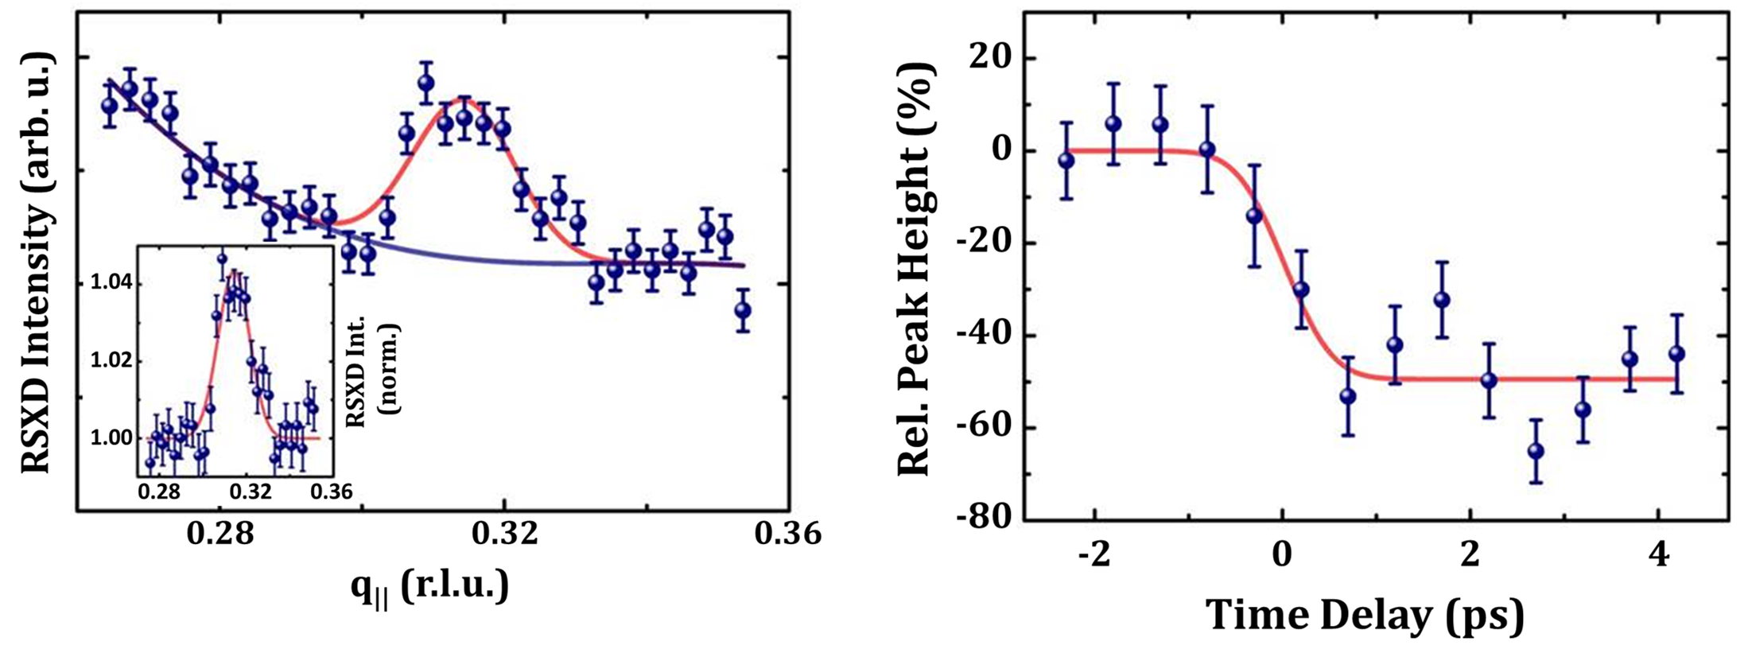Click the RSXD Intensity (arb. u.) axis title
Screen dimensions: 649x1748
[37, 262]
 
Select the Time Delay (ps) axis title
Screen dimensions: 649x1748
[1365, 615]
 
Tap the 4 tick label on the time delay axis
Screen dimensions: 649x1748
[1659, 554]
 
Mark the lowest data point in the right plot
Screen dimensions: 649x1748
[1536, 451]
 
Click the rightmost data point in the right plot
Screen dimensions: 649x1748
[1676, 354]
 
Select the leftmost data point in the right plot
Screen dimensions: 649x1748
[1066, 160]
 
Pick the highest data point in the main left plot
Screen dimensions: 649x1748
[425, 82]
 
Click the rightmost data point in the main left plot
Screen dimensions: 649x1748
[743, 310]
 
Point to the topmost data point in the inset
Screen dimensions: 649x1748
[222, 258]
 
